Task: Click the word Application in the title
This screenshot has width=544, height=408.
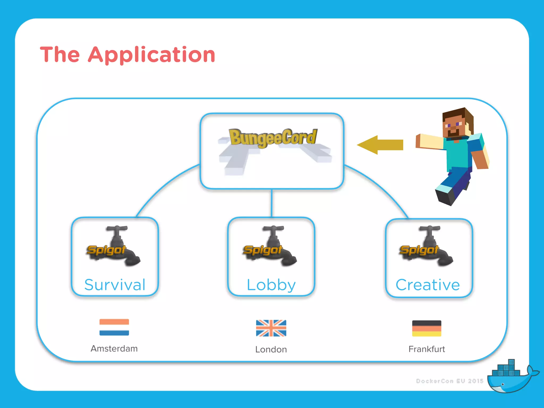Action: click(151, 55)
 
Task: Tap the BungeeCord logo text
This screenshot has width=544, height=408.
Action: click(273, 138)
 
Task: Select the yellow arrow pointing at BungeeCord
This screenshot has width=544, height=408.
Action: click(380, 145)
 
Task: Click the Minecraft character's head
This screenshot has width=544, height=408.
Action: click(456, 123)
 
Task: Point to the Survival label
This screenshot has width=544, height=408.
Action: click(115, 285)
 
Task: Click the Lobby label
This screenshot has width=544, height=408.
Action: click(271, 285)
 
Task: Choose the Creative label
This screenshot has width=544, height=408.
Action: click(428, 285)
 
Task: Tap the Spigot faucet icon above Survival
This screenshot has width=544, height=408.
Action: click(114, 246)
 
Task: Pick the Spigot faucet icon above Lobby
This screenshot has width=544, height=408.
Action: click(270, 246)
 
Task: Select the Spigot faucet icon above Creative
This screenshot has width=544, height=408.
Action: click(427, 246)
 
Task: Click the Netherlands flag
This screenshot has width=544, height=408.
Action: click(114, 327)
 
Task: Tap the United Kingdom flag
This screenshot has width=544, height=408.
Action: click(271, 328)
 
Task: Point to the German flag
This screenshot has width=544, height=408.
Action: click(427, 328)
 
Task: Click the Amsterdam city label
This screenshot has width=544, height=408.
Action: click(114, 348)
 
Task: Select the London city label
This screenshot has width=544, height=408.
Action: click(271, 349)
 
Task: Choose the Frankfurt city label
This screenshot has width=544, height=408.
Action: click(427, 349)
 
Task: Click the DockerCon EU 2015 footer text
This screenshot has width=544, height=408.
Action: click(449, 381)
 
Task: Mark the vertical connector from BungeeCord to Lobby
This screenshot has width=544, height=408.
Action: click(271, 203)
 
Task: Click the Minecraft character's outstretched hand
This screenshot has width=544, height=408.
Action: click(418, 141)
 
